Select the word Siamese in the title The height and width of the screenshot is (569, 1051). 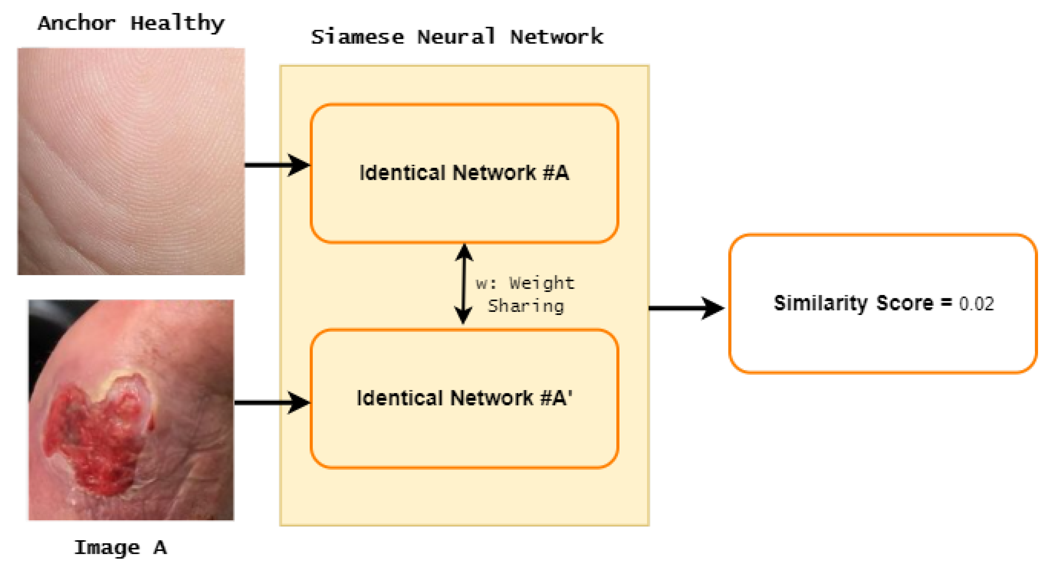pos(357,37)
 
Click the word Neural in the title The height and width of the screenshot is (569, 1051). pos(456,37)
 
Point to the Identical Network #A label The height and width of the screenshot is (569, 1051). pos(464,173)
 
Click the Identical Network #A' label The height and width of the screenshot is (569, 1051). pos(464,398)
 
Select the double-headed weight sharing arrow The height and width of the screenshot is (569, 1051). pos(463,284)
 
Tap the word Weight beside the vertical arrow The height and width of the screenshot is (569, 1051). pos(541,283)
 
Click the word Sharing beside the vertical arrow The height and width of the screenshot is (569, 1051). pos(526,306)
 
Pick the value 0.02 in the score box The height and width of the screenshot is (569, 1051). pos(976,304)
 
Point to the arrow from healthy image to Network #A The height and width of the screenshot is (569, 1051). pos(278,165)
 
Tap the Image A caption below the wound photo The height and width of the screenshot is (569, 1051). pos(120,548)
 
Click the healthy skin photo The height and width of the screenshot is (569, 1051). pos(131,161)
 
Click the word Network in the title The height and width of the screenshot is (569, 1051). pos(557,37)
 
